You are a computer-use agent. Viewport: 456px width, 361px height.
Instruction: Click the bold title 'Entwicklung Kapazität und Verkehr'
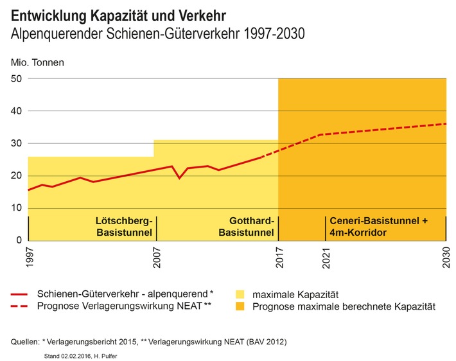coord(119,14)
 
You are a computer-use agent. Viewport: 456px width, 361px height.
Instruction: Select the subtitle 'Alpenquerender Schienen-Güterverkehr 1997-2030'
coord(158,33)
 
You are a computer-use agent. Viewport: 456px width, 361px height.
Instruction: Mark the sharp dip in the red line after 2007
coord(179,178)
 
